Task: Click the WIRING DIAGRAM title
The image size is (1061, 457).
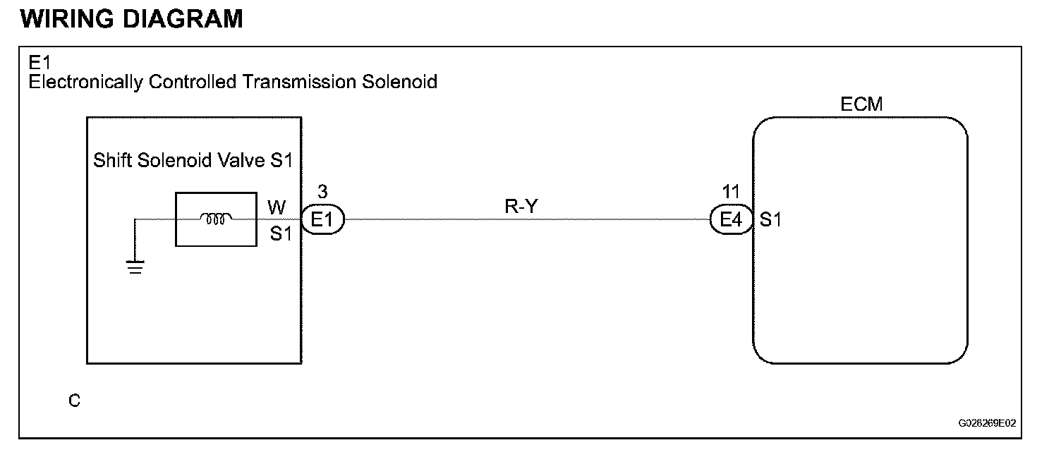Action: [132, 19]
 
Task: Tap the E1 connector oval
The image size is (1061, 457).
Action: [322, 220]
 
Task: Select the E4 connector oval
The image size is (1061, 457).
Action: [732, 220]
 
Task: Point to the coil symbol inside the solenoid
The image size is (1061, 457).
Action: [216, 219]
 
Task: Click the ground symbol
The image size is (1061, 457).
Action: [135, 267]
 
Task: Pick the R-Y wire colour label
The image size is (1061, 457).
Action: [521, 206]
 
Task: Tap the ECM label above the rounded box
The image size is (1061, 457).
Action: [861, 104]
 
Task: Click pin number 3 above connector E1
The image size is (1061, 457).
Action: [322, 191]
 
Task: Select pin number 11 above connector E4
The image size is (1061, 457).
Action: [731, 191]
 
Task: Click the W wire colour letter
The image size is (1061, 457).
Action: [277, 207]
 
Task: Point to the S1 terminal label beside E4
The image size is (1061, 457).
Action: [770, 220]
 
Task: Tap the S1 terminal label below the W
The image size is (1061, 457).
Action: [281, 233]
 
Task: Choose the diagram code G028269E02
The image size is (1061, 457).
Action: [987, 424]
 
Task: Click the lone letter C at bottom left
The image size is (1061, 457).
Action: [74, 401]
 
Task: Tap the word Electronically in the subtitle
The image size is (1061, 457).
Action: [86, 82]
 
